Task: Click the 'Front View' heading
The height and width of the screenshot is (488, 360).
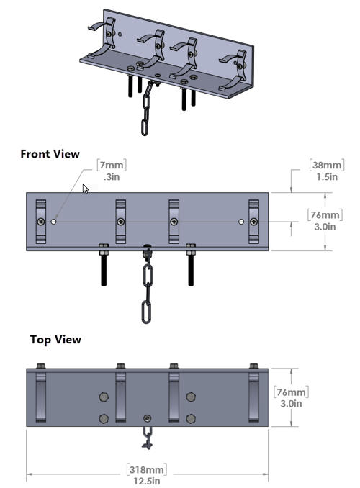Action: (x=50, y=154)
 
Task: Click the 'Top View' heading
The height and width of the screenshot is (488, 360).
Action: (x=55, y=339)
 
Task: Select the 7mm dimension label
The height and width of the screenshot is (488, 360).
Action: (x=110, y=166)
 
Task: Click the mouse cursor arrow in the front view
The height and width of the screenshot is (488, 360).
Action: (x=86, y=189)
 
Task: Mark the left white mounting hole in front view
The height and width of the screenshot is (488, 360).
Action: (x=54, y=221)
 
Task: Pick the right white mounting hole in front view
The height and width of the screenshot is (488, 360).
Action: (x=241, y=221)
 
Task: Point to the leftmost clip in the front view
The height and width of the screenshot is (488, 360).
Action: (x=41, y=219)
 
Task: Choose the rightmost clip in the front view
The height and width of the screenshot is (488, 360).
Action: (x=253, y=219)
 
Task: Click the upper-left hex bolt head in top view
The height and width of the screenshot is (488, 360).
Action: (x=104, y=396)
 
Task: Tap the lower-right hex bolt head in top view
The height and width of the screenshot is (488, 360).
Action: (x=191, y=417)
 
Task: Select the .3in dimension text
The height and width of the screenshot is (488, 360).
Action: (x=111, y=177)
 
